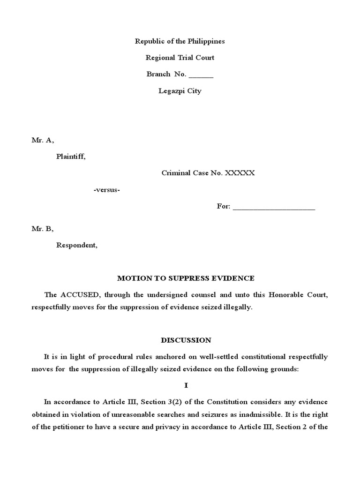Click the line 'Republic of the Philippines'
(x=180, y=41)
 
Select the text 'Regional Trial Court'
(x=180, y=58)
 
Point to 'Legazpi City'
(x=180, y=91)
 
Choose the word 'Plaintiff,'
(x=71, y=157)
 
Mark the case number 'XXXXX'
(x=240, y=173)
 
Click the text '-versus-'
(x=107, y=189)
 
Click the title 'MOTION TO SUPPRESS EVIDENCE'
(x=186, y=278)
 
